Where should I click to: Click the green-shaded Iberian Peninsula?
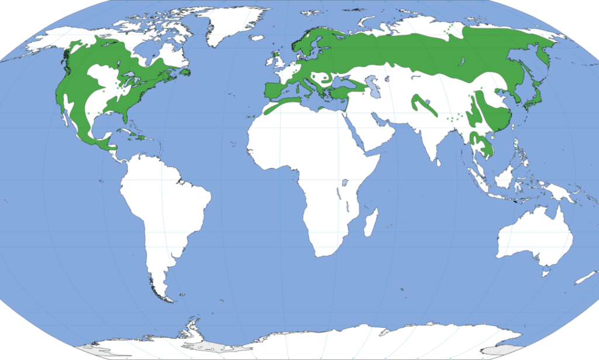276,91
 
